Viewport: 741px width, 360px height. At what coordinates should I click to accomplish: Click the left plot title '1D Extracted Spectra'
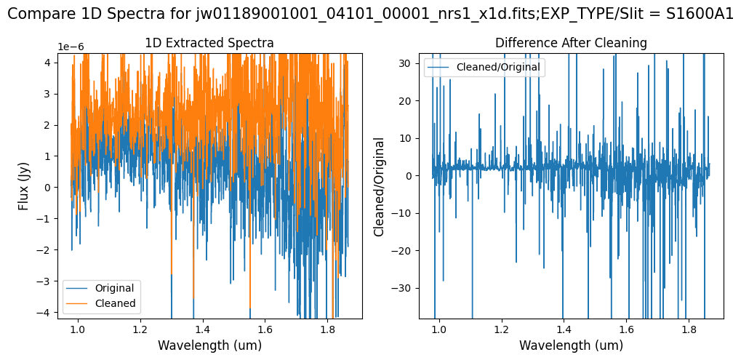[209, 43]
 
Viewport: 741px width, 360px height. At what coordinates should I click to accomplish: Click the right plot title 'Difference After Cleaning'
[571, 43]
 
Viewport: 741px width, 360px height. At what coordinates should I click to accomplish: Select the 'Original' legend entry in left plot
[114, 288]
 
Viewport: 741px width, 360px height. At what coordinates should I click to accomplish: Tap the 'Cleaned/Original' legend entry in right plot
[497, 68]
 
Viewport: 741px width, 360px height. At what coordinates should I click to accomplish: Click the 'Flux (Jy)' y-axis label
[23, 185]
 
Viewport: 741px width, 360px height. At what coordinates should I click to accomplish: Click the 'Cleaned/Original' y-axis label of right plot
[378, 185]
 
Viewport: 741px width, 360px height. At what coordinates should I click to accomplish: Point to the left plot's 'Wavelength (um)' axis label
[209, 345]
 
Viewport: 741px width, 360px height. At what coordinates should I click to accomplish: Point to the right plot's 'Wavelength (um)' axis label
[571, 345]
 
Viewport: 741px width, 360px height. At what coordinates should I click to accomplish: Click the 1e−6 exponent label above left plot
[71, 47]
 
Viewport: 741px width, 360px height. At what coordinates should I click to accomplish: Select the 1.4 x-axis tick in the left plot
[202, 328]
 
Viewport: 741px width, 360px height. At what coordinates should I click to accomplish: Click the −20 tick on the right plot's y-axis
[402, 250]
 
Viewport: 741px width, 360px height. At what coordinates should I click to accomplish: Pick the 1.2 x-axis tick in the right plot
[501, 328]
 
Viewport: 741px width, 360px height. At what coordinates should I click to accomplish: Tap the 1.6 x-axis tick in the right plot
[625, 328]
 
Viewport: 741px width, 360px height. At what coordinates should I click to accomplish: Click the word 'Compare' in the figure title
[36, 15]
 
